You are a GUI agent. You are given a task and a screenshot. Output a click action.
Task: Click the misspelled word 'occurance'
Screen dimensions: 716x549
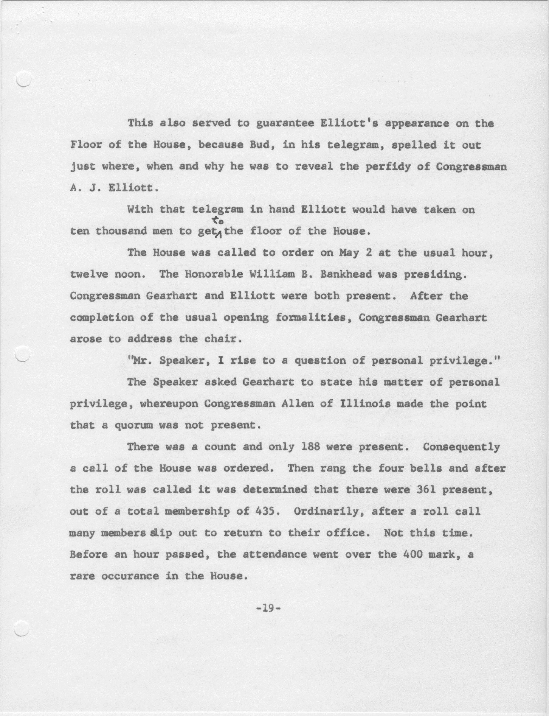(130, 576)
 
